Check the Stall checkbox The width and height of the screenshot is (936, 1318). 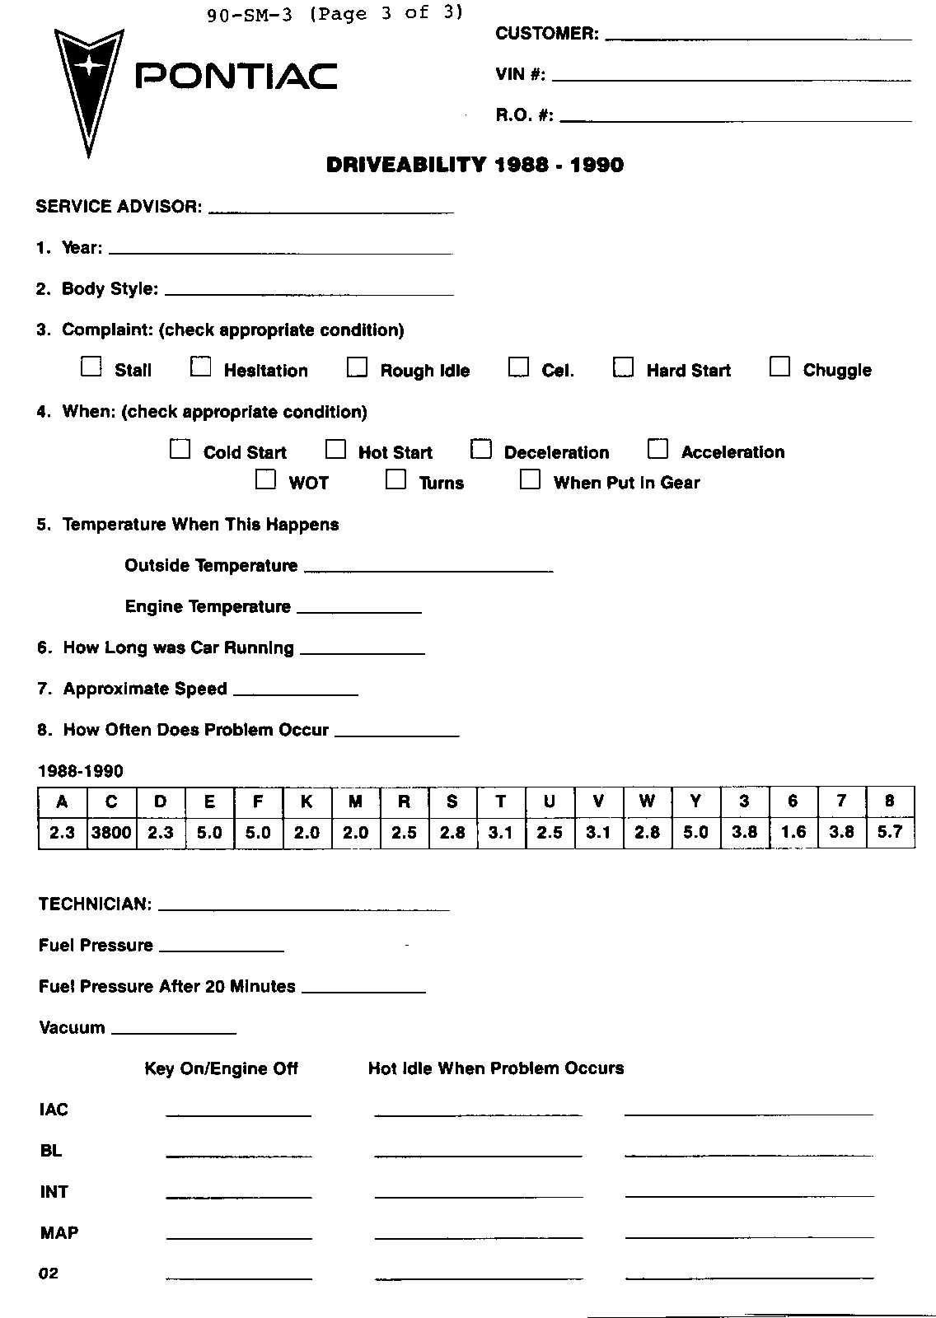point(91,367)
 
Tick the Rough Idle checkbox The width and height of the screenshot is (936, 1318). point(357,367)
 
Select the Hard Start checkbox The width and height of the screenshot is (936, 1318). point(623,367)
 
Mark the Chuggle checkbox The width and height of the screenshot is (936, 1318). point(779,367)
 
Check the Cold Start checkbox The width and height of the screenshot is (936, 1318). point(180,449)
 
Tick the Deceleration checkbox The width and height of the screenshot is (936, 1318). point(481,449)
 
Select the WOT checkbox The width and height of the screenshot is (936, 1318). point(265,479)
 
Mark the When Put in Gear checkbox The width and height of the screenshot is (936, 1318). point(530,479)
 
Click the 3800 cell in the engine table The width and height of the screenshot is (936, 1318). point(111,832)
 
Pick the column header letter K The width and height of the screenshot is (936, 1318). point(307,802)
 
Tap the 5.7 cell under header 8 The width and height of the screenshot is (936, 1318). point(890,832)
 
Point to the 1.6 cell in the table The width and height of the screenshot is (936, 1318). point(793,832)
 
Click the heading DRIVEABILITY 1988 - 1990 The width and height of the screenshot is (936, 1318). point(475,165)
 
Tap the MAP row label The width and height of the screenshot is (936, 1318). point(59,1233)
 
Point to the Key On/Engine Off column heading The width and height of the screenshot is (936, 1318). point(221,1068)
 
